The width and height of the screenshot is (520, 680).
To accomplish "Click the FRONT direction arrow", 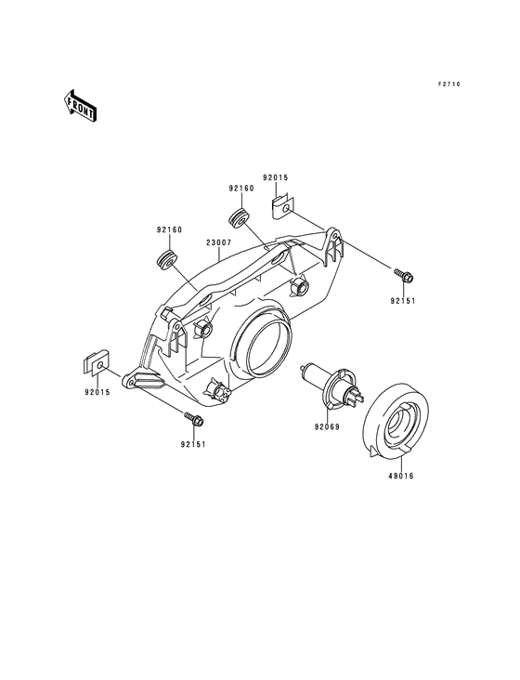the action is point(80,105).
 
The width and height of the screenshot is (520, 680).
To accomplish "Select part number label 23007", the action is point(219,242).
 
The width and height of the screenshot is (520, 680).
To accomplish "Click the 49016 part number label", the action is point(401,476).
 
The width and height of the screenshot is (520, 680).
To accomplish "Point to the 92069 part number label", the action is point(327,426).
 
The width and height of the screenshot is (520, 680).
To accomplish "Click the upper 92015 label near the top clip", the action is point(275,177).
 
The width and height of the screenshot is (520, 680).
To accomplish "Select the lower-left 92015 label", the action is point(97,392).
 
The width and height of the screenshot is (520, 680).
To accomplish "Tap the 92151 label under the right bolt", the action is point(403,300).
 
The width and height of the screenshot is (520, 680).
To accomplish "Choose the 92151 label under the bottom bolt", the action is point(193,444).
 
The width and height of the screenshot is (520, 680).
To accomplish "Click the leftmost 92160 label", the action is point(169,229).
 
